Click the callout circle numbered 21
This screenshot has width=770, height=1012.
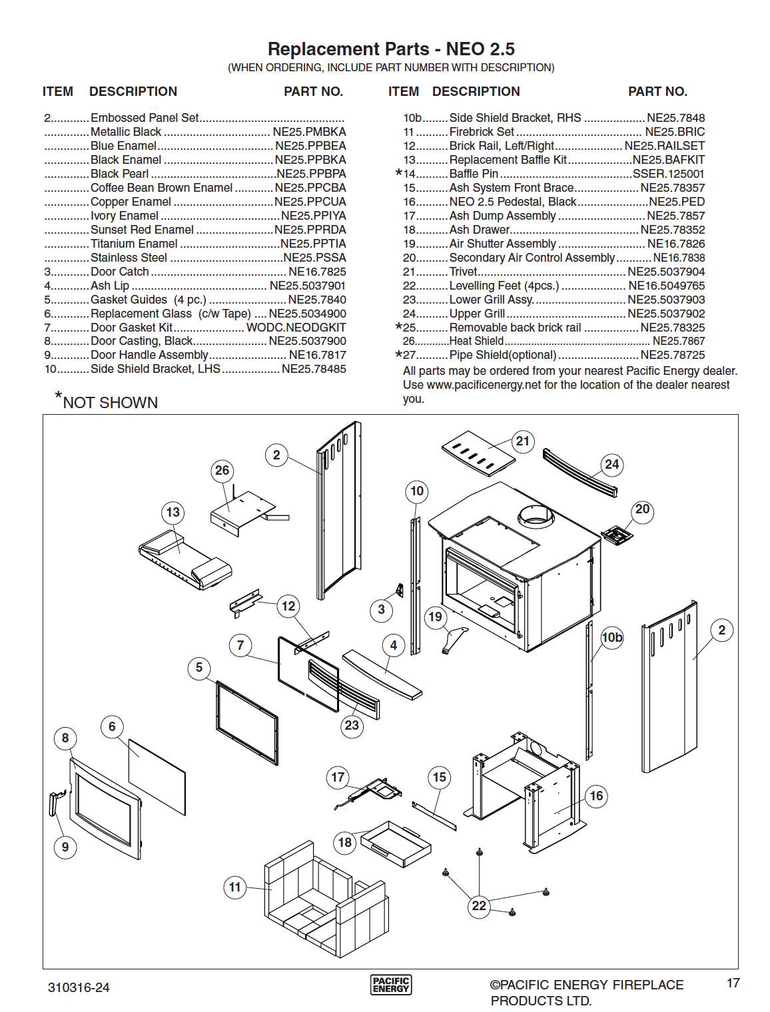(x=522, y=441)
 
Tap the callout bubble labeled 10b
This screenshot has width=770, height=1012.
(x=611, y=637)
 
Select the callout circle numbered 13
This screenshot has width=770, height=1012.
(x=173, y=512)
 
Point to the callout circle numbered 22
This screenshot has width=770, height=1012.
(x=479, y=905)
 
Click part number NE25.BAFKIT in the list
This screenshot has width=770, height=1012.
(x=669, y=160)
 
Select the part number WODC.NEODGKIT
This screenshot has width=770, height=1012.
(x=296, y=328)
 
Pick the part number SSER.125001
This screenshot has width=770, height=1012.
(x=669, y=174)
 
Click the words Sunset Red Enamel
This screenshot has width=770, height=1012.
(x=142, y=230)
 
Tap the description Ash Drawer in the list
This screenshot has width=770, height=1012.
(x=480, y=230)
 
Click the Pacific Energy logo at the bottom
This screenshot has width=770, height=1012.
(x=391, y=985)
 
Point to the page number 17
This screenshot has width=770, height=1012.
(x=733, y=983)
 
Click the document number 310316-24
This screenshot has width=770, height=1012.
(x=79, y=987)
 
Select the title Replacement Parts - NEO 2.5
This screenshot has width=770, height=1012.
(x=391, y=49)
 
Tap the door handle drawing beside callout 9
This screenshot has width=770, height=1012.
(x=55, y=804)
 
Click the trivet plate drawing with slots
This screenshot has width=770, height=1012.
(x=478, y=452)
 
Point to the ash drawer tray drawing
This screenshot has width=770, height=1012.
(x=396, y=843)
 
